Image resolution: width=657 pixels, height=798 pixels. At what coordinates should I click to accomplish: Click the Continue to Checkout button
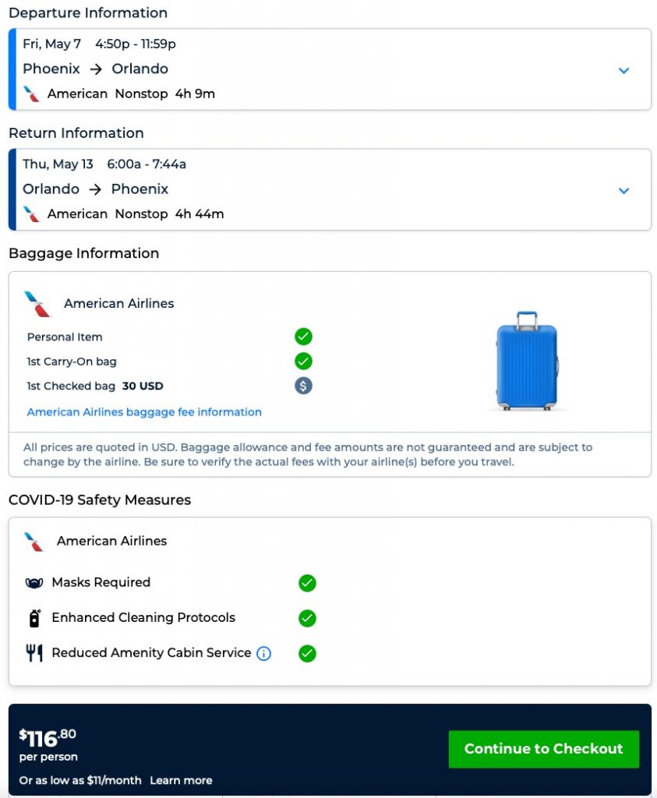point(543,749)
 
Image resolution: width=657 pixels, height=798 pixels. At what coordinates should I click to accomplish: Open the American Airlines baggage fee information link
point(144,412)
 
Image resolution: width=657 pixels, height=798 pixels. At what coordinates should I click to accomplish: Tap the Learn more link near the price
point(181,780)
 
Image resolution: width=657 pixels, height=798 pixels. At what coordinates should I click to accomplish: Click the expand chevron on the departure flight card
point(623,70)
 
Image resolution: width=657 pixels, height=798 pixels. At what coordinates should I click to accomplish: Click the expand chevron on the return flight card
point(623,190)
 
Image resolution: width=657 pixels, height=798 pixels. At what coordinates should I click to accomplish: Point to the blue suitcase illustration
point(528,362)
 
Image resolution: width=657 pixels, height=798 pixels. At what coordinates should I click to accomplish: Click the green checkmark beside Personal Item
point(303,337)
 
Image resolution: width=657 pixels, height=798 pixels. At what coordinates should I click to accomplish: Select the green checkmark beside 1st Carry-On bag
point(303,362)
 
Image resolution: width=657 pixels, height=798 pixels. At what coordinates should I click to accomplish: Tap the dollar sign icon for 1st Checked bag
point(303,386)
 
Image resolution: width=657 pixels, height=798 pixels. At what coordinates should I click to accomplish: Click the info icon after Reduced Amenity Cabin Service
point(264,654)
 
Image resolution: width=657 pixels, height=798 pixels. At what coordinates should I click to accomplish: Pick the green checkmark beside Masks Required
point(307,583)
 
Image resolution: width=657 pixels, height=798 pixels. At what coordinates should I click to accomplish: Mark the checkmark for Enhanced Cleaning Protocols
point(307,618)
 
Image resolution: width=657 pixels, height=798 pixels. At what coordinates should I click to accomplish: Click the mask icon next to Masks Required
point(34,583)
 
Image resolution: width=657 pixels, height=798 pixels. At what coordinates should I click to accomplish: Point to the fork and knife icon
point(34,653)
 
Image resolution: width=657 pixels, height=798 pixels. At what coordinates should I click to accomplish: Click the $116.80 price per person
point(48,739)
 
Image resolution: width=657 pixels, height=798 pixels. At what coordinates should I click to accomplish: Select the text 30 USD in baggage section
point(143,386)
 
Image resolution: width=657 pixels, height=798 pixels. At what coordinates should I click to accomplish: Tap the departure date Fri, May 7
point(51,44)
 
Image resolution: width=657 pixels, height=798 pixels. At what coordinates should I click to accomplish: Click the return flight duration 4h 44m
point(200,214)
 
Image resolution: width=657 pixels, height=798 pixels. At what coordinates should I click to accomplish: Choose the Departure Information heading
point(88,13)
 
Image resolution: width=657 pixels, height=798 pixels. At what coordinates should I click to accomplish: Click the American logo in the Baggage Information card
point(37,304)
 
